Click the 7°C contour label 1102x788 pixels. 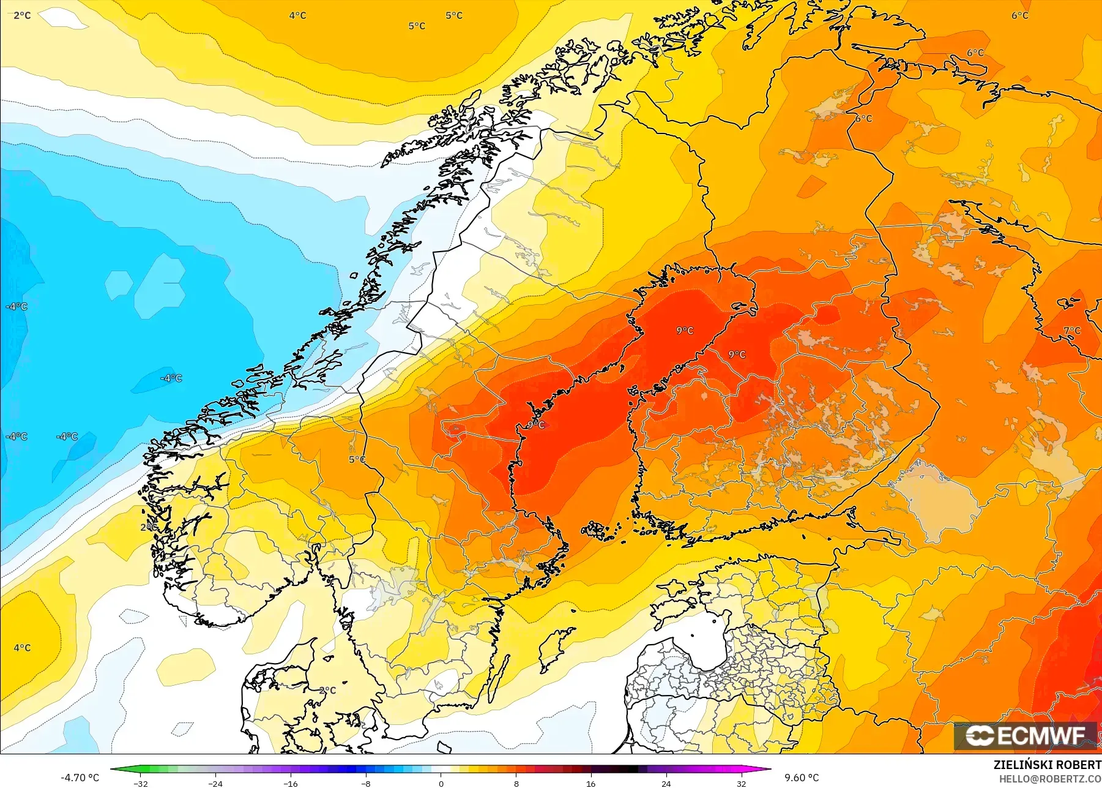tap(1071, 331)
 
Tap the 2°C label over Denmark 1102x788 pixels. tap(328, 690)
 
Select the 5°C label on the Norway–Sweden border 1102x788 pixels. tap(357, 459)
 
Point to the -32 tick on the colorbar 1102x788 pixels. tap(141, 783)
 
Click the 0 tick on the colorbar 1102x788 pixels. tap(441, 783)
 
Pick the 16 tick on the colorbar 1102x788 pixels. tap(590, 783)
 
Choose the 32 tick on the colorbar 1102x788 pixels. tap(741, 783)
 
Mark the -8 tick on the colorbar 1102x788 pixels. tap(366, 783)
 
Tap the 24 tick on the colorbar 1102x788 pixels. tap(666, 783)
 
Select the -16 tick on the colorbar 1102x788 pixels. tap(291, 783)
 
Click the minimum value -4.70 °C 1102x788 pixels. tap(80, 778)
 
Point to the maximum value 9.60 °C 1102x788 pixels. tap(802, 778)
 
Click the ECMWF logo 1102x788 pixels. tap(1026, 735)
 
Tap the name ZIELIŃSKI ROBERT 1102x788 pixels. tap(1047, 765)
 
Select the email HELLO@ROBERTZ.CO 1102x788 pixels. tap(1050, 779)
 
